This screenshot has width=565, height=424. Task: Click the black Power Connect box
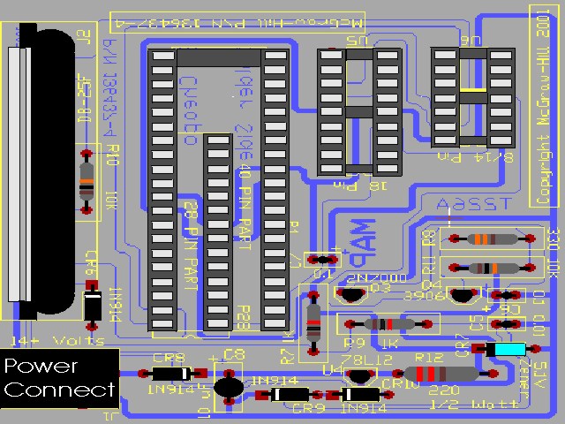[x=59, y=378]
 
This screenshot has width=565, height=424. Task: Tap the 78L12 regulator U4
[x=358, y=375]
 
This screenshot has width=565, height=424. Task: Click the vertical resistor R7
[x=313, y=321]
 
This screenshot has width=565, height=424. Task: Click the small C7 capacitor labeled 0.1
[x=322, y=259]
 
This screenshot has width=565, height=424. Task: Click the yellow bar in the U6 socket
[x=472, y=90]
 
